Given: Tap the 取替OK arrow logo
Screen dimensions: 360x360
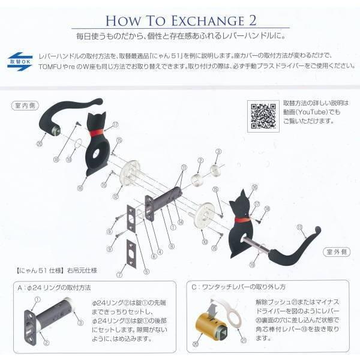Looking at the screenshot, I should coord(20,62).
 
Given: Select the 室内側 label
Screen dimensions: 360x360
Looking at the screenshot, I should coord(25,106).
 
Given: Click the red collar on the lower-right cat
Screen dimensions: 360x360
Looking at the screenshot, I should coord(242,220).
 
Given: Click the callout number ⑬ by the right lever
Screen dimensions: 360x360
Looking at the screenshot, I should coord(298,227).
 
